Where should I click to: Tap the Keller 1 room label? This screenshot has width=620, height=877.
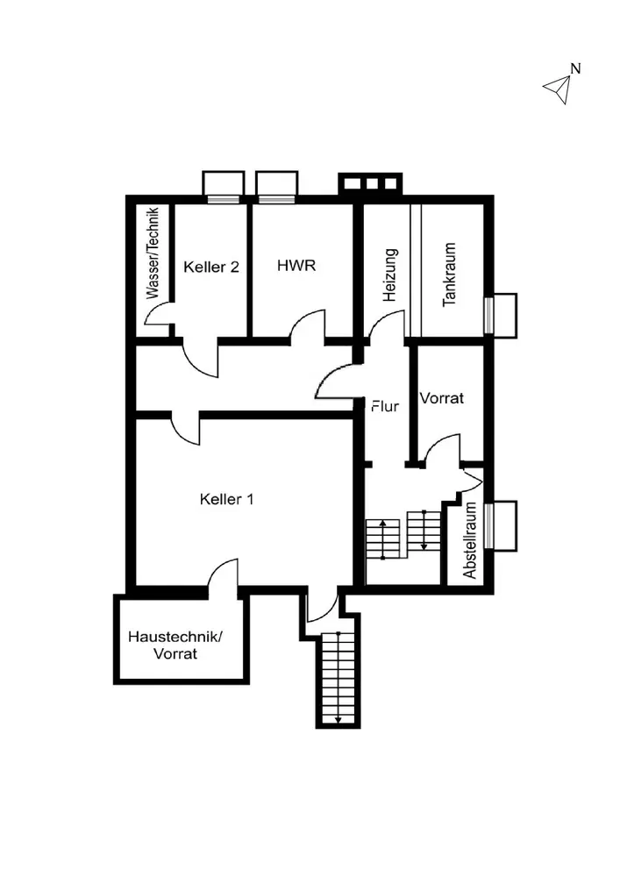tap(227, 500)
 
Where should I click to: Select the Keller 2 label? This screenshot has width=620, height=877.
tap(211, 267)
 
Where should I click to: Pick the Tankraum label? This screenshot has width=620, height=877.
tap(450, 273)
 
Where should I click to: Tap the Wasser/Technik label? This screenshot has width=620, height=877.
tap(153, 254)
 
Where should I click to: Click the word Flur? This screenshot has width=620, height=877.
tap(385, 406)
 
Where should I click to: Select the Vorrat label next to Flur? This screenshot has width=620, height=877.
tap(441, 397)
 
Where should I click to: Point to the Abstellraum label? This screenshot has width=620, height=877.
tap(470, 540)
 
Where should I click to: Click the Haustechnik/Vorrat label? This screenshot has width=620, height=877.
tap(175, 645)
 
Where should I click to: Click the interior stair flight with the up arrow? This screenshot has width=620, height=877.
tap(382, 537)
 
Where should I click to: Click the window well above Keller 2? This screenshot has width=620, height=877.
tap(223, 184)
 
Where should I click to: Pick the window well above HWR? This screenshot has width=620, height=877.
tap(277, 184)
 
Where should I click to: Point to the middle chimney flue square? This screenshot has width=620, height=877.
tap(371, 184)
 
